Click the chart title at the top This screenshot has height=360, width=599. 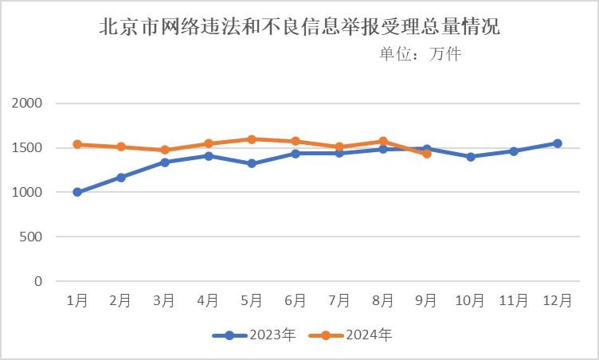(x=299, y=27)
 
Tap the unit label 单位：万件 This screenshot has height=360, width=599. (x=420, y=54)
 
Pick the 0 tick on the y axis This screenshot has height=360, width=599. (x=37, y=281)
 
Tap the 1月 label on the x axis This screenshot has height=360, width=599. (x=77, y=300)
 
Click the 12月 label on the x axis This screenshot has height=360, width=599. (x=557, y=300)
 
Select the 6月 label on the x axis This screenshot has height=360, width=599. (x=296, y=300)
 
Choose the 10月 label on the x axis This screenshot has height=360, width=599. (x=470, y=300)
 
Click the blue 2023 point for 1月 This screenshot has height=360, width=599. (x=77, y=192)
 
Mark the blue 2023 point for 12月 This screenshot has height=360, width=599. (x=558, y=143)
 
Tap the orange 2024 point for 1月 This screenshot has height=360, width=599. (x=77, y=144)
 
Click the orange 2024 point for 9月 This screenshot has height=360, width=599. (x=427, y=154)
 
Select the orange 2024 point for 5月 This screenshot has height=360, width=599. (x=252, y=139)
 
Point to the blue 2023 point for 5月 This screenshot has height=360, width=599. (x=252, y=163)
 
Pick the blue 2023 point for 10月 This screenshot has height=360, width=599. (x=471, y=157)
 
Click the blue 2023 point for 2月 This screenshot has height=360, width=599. (x=121, y=178)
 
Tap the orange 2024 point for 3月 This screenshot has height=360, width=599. (x=165, y=150)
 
